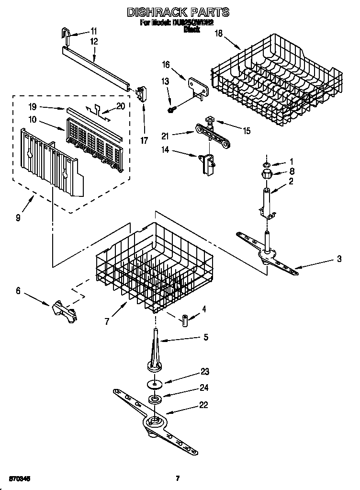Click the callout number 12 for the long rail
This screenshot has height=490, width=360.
coord(93,42)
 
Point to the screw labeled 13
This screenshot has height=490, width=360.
coord(170,110)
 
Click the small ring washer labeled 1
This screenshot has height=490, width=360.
coord(265,165)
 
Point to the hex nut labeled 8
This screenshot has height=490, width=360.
coord(266,173)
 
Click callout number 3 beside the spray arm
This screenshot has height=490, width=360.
coord(338,259)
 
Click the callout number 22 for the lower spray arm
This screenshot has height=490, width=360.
coord(203,405)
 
